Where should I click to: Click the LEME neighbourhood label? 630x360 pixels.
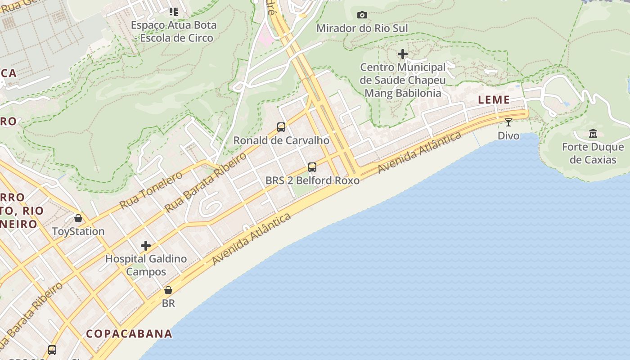pyautogui.click(x=494, y=100)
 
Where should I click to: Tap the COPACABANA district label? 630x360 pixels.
pyautogui.click(x=129, y=334)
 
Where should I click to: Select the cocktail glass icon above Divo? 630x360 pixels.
pyautogui.click(x=508, y=122)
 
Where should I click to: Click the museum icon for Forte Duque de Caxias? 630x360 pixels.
pyautogui.click(x=593, y=134)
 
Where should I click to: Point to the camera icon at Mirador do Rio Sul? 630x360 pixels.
pyautogui.click(x=362, y=15)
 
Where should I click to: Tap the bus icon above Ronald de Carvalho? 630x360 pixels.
pyautogui.click(x=281, y=127)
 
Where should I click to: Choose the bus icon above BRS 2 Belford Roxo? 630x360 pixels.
pyautogui.click(x=312, y=167)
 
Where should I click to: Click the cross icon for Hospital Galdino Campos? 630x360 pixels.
pyautogui.click(x=145, y=246)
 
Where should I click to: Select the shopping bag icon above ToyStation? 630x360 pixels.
pyautogui.click(x=78, y=218)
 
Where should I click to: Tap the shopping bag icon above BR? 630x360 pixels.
pyautogui.click(x=168, y=290)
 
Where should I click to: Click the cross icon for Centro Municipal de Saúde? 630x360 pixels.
pyautogui.click(x=403, y=54)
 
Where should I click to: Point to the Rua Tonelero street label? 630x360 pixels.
pyautogui.click(x=151, y=190)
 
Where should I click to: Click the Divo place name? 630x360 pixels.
pyautogui.click(x=508, y=135)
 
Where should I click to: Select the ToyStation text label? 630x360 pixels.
pyautogui.click(x=78, y=231)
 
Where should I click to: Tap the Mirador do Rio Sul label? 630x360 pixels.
pyautogui.click(x=362, y=28)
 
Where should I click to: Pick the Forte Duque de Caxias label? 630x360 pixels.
pyautogui.click(x=593, y=153)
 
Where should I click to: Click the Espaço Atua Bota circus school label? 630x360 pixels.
pyautogui.click(x=174, y=31)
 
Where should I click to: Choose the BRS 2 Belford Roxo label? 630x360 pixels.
pyautogui.click(x=312, y=181)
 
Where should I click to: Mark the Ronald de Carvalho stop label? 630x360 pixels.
pyautogui.click(x=281, y=140)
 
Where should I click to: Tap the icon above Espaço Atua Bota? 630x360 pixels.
pyautogui.click(x=174, y=12)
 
